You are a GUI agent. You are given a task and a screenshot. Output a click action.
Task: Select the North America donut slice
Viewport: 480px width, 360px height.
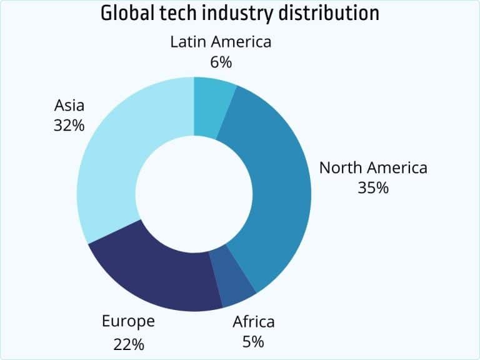(275, 187)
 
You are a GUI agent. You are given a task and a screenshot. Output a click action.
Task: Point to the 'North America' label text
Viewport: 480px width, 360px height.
(373, 167)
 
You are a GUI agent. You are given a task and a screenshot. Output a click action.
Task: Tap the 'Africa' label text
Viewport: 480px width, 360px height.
(253, 322)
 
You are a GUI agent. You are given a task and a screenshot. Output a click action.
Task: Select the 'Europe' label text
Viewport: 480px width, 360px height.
(128, 322)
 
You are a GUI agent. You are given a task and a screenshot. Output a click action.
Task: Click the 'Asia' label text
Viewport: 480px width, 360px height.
(69, 104)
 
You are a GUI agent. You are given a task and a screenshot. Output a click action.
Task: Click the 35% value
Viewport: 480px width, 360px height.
(373, 187)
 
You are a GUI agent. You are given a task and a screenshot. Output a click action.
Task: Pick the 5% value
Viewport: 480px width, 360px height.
(253, 342)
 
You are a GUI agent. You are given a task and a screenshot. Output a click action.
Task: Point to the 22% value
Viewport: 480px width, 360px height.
(129, 343)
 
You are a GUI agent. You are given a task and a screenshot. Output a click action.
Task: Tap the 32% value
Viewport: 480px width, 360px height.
(69, 124)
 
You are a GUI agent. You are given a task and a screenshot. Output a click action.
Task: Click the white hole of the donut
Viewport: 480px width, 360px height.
(194, 194)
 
